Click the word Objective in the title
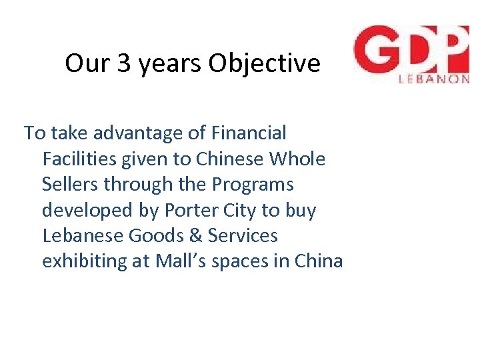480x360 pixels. click(x=264, y=64)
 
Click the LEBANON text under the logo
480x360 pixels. click(x=433, y=77)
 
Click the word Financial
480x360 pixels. click(x=248, y=133)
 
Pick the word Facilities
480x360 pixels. click(x=79, y=159)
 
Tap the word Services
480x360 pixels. click(x=243, y=236)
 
